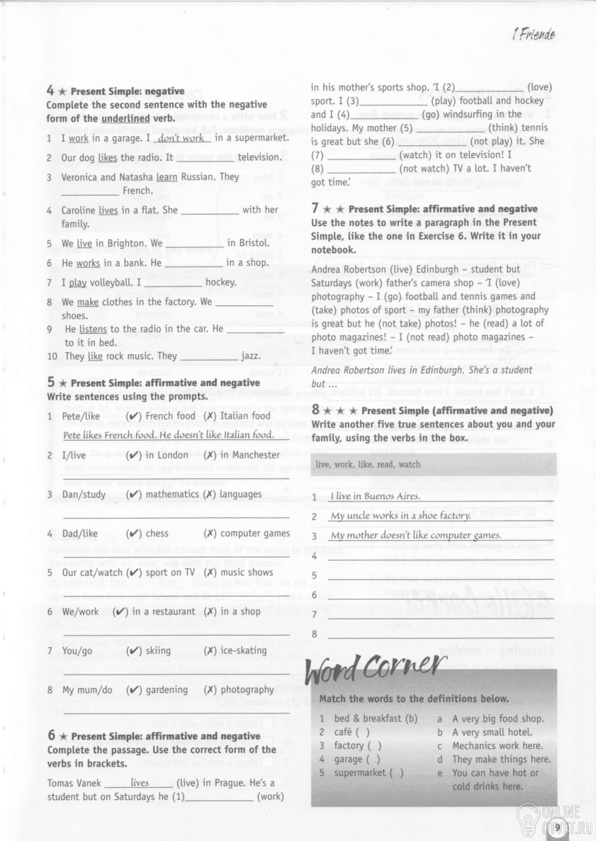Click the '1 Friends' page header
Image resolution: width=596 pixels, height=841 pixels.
532,34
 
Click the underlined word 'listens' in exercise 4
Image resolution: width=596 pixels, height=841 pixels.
93,329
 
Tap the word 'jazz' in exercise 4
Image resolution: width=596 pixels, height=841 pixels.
251,356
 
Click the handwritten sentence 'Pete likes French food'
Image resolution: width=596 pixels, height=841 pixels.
167,435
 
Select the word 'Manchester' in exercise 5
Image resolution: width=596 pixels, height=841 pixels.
250,455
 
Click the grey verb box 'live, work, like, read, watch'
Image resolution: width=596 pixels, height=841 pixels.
432,465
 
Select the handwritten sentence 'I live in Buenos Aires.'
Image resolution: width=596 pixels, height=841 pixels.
376,497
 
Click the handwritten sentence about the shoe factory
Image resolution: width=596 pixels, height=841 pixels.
400,516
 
